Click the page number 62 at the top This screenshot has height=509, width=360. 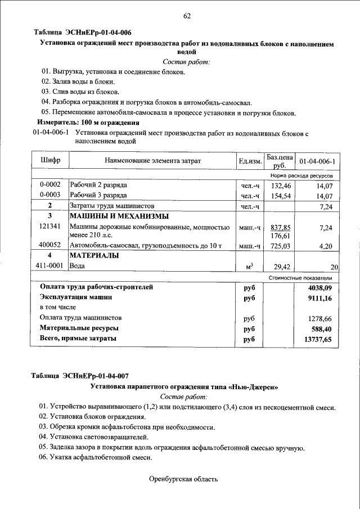pos(187,16)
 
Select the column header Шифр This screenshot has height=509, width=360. pos(50,161)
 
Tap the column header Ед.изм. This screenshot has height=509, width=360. pos(250,161)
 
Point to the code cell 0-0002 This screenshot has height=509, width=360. pos(50,184)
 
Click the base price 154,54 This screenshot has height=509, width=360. pos(281,195)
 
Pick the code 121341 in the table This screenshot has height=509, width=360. pos(50,226)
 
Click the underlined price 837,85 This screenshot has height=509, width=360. pos(280,227)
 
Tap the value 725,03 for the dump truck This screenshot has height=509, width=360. pos(280,246)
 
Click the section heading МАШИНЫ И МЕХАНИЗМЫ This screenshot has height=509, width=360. pos(119,216)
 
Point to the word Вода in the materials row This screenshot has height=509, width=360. pos(78,267)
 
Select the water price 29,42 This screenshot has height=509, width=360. pos(281,267)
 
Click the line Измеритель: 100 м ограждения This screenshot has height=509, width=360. pos(88,122)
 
